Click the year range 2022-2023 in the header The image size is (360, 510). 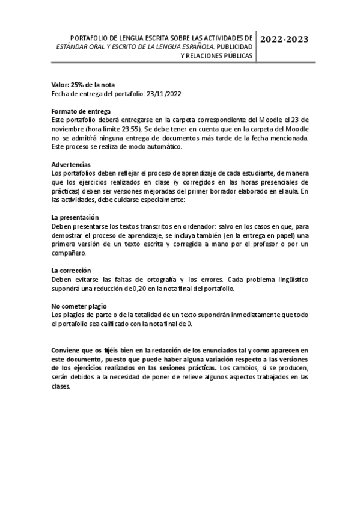(285, 40)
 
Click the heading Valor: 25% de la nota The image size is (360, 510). (82, 85)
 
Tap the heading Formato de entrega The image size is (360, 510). (81, 111)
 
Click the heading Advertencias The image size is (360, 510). (71, 164)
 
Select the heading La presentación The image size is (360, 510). (75, 217)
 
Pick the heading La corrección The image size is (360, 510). (71, 270)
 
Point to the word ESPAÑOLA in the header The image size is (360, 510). (195, 46)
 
